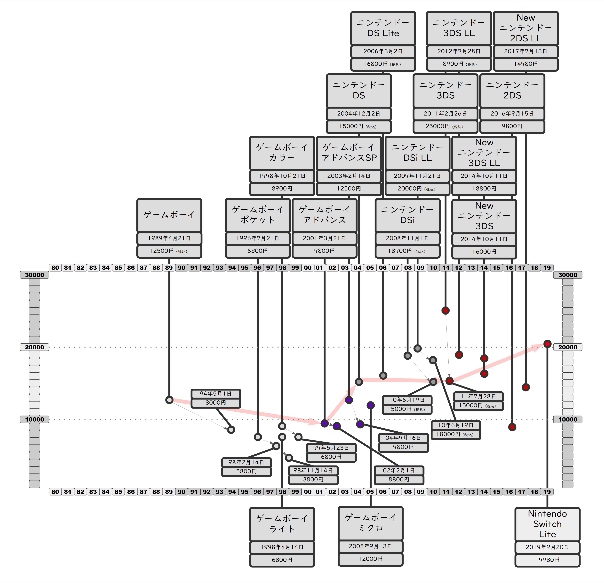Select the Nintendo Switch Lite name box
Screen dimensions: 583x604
[547, 524]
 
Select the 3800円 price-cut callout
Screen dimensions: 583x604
[313, 479]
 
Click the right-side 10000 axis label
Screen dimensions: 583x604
[568, 419]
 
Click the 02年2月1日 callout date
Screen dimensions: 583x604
[399, 470]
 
